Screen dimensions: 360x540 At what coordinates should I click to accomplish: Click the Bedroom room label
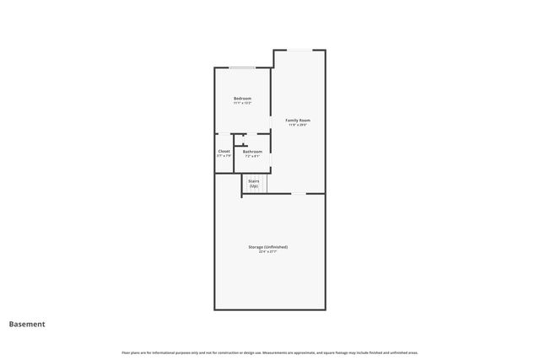coord(242,99)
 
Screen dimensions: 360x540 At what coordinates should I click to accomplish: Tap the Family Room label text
coord(297,121)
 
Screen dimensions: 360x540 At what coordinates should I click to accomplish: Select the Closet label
coord(224,151)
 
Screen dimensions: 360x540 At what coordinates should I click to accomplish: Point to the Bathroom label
coord(252,152)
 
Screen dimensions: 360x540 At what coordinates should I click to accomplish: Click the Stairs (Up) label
coord(253,180)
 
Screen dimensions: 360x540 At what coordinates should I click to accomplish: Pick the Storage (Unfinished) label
coord(267,247)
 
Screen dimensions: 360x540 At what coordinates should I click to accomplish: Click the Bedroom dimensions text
coord(242,104)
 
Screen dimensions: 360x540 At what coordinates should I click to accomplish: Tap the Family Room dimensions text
coord(297,126)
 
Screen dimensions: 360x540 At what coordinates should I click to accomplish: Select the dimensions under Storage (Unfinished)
coord(267,252)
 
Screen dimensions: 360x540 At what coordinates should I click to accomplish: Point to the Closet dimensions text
coord(224,156)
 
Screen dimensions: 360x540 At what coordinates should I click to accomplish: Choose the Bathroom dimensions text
coord(252,156)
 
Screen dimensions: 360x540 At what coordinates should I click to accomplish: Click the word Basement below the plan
coord(27,324)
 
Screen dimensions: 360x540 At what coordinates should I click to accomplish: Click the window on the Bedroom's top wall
coord(242,67)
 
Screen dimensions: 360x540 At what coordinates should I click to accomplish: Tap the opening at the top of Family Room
coord(299,50)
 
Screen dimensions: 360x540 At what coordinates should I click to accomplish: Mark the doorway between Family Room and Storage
coord(299,194)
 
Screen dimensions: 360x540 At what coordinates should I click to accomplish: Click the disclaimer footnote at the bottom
coord(269,352)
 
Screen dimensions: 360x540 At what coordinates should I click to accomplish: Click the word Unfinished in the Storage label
coord(276,247)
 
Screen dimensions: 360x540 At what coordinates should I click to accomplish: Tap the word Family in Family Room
coord(291,121)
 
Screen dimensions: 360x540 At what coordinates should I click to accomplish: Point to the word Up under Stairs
coord(253,185)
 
